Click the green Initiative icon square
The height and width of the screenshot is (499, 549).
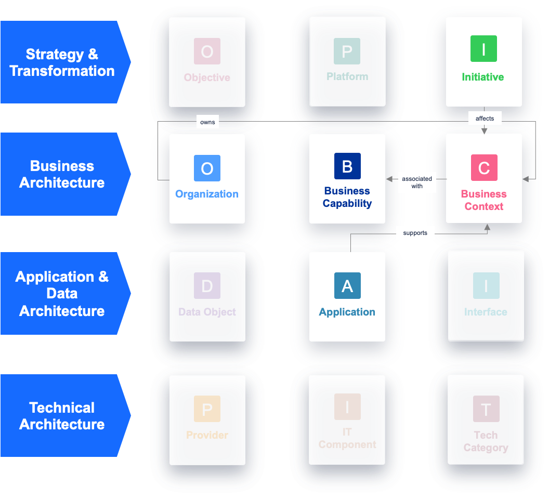click(x=483, y=49)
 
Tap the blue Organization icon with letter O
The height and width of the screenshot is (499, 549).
click(x=207, y=168)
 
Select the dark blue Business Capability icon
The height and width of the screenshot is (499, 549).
click(x=347, y=166)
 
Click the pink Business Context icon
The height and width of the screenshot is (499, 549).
click(x=483, y=168)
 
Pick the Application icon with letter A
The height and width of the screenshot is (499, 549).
click(x=347, y=286)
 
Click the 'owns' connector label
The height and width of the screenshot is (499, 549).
click(x=207, y=122)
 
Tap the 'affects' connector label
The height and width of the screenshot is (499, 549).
click(x=485, y=119)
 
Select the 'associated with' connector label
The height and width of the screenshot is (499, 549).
click(x=417, y=182)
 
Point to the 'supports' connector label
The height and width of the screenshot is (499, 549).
click(x=415, y=233)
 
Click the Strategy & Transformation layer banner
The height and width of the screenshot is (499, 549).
click(x=62, y=62)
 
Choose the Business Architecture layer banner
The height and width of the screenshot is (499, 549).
click(x=62, y=174)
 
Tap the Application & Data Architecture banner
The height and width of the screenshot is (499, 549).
click(x=62, y=294)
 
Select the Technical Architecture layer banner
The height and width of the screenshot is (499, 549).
click(x=62, y=416)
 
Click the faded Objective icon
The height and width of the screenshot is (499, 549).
click(x=207, y=51)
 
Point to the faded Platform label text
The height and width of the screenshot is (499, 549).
click(x=347, y=76)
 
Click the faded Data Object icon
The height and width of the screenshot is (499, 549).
click(x=207, y=286)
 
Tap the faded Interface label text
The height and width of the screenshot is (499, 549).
click(x=486, y=312)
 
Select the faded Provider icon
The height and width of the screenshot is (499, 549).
click(x=207, y=409)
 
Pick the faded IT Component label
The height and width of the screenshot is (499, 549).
click(x=347, y=439)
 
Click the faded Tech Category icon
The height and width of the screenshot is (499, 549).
click(x=486, y=409)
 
